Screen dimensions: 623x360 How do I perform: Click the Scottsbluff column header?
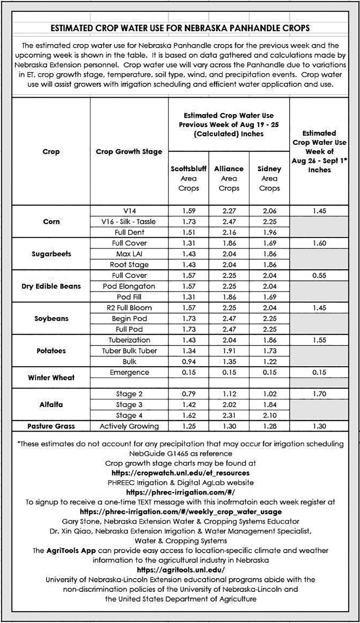pos(189,178)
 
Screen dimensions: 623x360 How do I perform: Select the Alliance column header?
pos(229,178)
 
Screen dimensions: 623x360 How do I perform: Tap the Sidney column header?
pos(269,178)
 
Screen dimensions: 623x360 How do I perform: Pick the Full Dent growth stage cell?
pos(129,232)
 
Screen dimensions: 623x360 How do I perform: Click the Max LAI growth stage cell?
pos(129,254)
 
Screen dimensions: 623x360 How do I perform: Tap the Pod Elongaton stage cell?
pos(129,286)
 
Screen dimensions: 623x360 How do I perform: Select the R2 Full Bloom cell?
pos(129,308)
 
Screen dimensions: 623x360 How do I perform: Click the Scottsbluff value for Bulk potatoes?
pos(189,361)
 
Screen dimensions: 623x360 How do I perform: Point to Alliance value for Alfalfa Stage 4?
pos(229,415)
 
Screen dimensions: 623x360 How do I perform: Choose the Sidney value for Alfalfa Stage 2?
pos(269,394)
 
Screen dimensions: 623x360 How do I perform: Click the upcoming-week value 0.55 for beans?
pos(319,275)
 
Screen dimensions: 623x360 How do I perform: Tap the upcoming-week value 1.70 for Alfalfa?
pos(319,394)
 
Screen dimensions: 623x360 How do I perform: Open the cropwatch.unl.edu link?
pos(180,473)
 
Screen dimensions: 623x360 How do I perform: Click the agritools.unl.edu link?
pos(180,569)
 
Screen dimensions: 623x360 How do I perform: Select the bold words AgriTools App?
pos(70,551)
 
